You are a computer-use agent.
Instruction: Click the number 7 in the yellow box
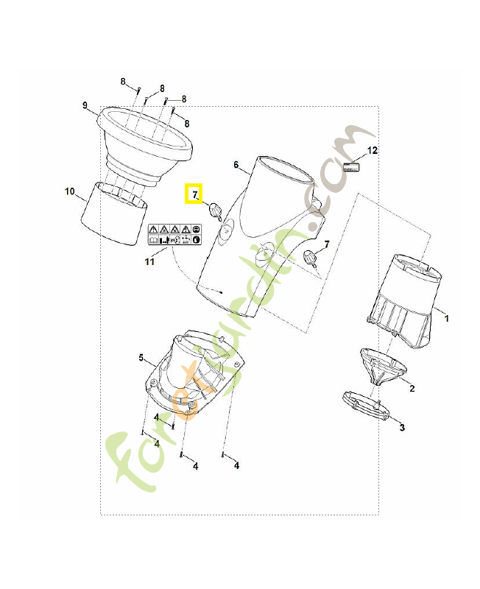pyautogui.click(x=194, y=194)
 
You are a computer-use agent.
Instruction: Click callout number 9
pyautogui.click(x=85, y=105)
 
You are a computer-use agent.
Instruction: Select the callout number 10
pyautogui.click(x=70, y=191)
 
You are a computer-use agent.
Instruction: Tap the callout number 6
pyautogui.click(x=236, y=164)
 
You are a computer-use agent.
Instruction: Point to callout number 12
pyautogui.click(x=373, y=151)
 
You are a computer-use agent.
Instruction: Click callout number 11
pyautogui.click(x=149, y=261)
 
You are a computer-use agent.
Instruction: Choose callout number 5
pyautogui.click(x=141, y=357)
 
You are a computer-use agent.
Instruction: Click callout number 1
pyautogui.click(x=447, y=319)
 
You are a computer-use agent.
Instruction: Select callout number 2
pyautogui.click(x=412, y=389)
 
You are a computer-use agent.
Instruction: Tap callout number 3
pyautogui.click(x=402, y=428)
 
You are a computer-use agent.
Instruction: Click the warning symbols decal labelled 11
pyautogui.click(x=174, y=234)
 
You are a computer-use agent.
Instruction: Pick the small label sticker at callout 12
pyautogui.click(x=352, y=167)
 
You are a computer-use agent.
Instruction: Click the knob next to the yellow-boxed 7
pyautogui.click(x=216, y=210)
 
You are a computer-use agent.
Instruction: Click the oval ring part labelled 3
pyautogui.click(x=366, y=406)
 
